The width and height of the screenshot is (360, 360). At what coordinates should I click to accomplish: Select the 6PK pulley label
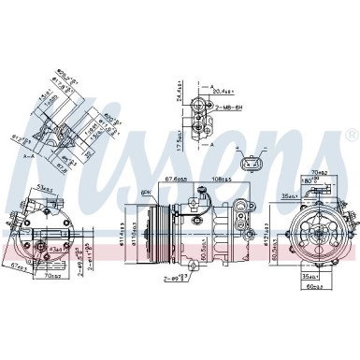(x=146, y=193)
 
